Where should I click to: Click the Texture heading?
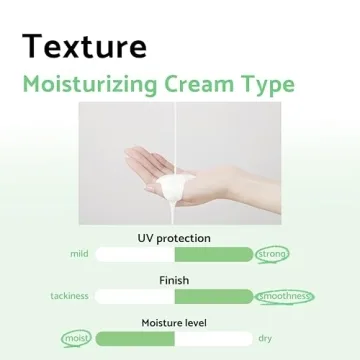[x=86, y=46]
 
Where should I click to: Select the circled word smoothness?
[x=285, y=297]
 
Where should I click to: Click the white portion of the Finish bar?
[x=140, y=297]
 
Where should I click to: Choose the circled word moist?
[x=74, y=339]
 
